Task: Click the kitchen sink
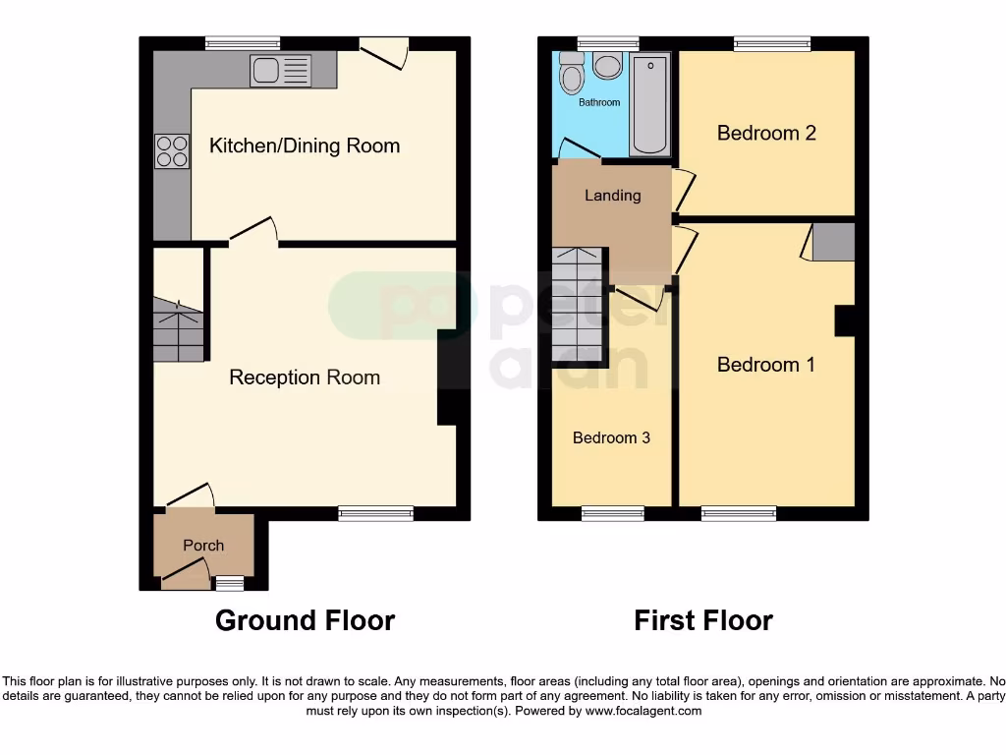click(x=280, y=70)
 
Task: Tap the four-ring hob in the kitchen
click(x=172, y=150)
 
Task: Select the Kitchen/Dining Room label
click(x=305, y=146)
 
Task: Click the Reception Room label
click(x=305, y=377)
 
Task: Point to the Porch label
click(x=203, y=546)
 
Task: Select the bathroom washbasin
click(x=608, y=66)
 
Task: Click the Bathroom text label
click(x=599, y=102)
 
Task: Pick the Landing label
click(x=613, y=196)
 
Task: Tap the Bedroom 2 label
click(x=766, y=133)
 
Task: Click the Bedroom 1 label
click(x=766, y=365)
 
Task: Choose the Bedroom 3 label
click(x=611, y=437)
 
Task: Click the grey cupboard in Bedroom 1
click(x=833, y=242)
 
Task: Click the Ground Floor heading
click(x=305, y=620)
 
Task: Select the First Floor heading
click(x=703, y=620)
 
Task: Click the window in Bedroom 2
click(x=772, y=43)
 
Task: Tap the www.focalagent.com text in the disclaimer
click(x=643, y=711)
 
